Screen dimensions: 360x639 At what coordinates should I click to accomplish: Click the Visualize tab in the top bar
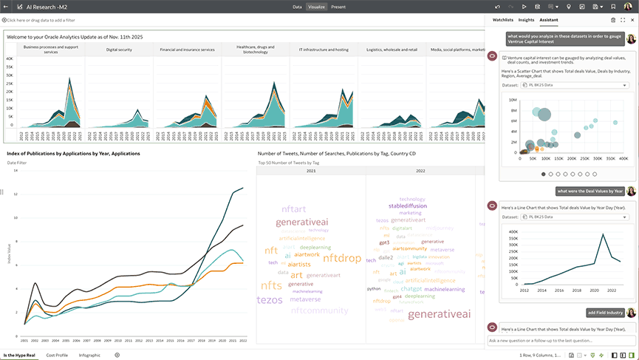coord(316,6)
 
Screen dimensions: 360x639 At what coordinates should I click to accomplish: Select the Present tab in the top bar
coord(338,6)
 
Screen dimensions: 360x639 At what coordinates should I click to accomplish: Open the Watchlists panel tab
coord(503,20)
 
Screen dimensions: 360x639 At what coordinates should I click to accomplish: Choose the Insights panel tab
coord(526,20)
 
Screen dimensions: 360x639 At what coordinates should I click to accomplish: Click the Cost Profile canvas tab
coord(57,355)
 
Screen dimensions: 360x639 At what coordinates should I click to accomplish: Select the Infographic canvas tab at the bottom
coord(89,355)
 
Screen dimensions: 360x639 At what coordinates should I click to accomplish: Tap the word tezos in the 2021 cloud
coord(269,299)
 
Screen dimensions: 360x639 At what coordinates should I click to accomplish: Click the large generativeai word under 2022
coord(439,314)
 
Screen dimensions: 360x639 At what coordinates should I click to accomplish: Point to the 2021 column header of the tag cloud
coord(311,171)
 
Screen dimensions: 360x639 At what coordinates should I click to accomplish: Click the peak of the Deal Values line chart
coord(604,235)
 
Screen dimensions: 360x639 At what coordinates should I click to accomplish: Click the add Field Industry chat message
coord(606,313)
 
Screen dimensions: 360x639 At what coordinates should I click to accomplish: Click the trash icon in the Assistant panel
coord(612,20)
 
